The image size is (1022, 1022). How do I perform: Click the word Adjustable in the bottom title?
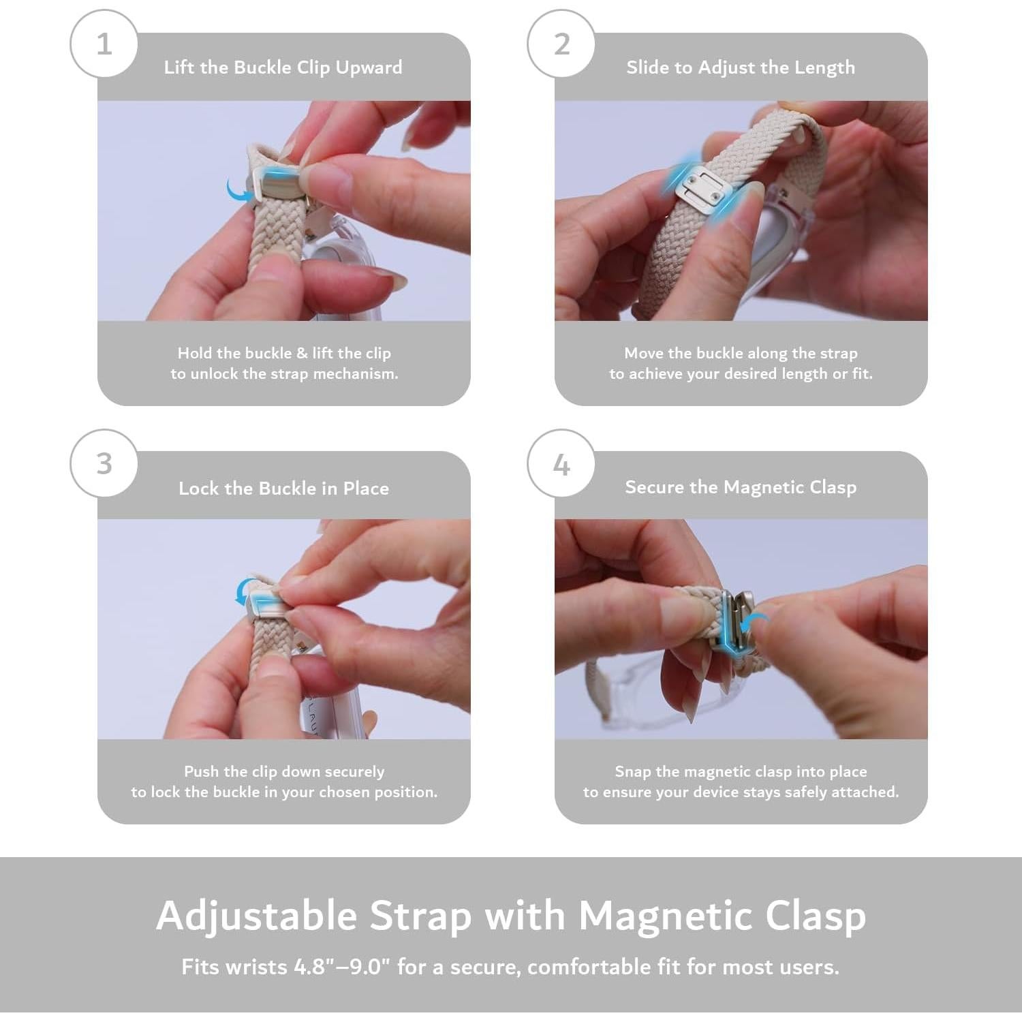257,915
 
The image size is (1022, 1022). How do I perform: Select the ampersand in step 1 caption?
303,354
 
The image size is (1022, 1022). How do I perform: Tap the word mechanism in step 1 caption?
356,373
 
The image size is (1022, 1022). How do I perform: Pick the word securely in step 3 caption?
354,772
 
